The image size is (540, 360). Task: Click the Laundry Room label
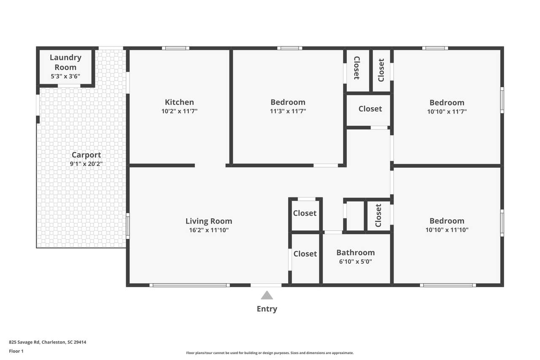(65, 62)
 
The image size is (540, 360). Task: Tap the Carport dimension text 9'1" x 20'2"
(86, 164)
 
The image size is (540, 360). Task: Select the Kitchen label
(179, 102)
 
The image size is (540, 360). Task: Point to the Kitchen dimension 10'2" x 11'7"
(179, 111)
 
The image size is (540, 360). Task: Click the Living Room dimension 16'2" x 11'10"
(209, 230)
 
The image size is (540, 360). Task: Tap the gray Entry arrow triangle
(267, 295)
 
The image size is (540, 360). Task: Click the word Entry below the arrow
(267, 309)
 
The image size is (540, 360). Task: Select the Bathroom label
(356, 252)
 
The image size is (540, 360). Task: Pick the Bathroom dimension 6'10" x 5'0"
(356, 262)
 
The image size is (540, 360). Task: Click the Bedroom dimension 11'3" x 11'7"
(288, 111)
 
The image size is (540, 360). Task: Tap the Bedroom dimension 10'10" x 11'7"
(447, 112)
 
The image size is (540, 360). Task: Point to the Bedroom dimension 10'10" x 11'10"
(447, 230)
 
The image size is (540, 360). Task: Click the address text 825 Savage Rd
(24, 342)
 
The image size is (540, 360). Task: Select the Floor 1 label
(16, 351)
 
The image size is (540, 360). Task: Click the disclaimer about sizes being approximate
(270, 353)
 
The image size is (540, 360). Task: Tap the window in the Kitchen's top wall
(175, 48)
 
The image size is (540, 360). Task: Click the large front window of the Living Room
(190, 285)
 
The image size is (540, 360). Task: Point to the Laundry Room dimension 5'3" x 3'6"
(65, 76)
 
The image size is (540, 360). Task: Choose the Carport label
(86, 155)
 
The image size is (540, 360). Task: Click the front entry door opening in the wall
(266, 285)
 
